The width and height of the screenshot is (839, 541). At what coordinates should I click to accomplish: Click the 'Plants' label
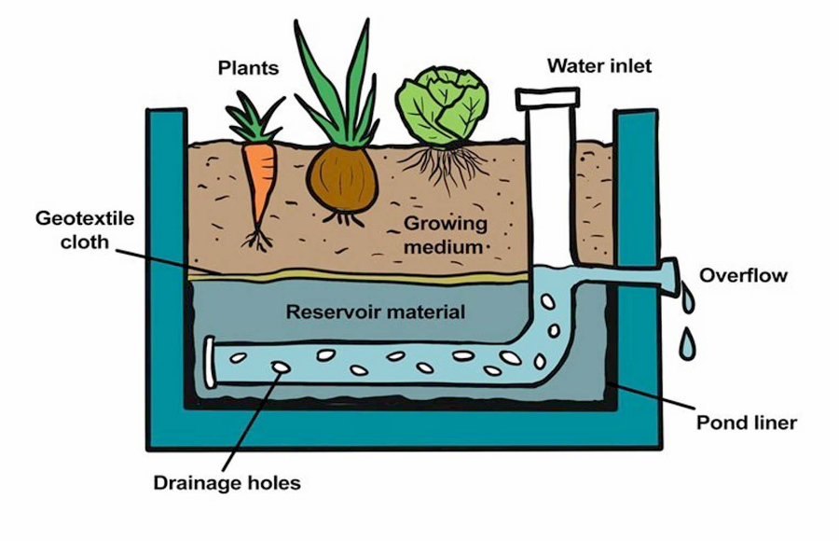point(250,68)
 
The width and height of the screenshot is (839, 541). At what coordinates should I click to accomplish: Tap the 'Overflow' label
point(743,275)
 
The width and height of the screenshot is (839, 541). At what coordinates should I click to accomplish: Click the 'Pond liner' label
point(747,423)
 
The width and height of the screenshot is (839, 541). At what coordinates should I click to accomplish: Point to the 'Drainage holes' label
point(227,482)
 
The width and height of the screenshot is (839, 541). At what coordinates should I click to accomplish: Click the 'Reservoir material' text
point(375,312)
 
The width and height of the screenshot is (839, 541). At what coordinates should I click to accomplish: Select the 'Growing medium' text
point(445,235)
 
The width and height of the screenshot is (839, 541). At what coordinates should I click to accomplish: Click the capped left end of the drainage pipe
point(210,361)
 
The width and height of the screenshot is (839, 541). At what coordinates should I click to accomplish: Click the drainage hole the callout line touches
point(279,368)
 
